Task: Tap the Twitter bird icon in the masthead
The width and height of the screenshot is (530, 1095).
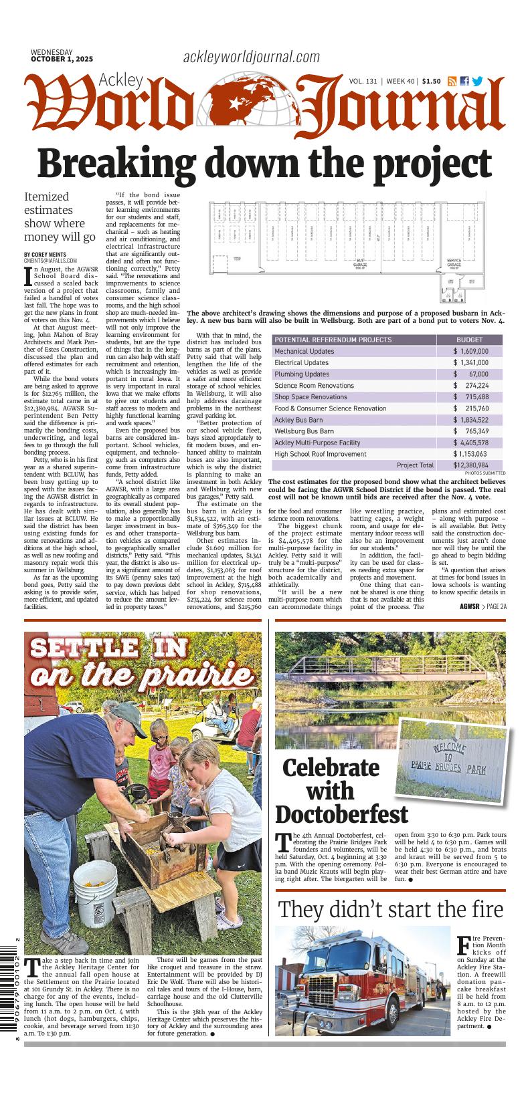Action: tap(477, 82)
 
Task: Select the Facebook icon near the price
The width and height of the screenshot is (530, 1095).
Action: tap(464, 82)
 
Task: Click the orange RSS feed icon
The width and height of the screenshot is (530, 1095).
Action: tap(452, 82)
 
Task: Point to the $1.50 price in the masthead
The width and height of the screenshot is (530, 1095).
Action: tap(431, 82)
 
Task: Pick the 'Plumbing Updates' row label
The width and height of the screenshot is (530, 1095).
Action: tap(302, 374)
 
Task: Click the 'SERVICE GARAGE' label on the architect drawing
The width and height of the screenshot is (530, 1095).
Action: tap(454, 263)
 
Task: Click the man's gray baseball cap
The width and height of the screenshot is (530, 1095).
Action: tap(131, 723)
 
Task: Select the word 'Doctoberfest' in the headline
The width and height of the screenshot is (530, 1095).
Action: tap(341, 814)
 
